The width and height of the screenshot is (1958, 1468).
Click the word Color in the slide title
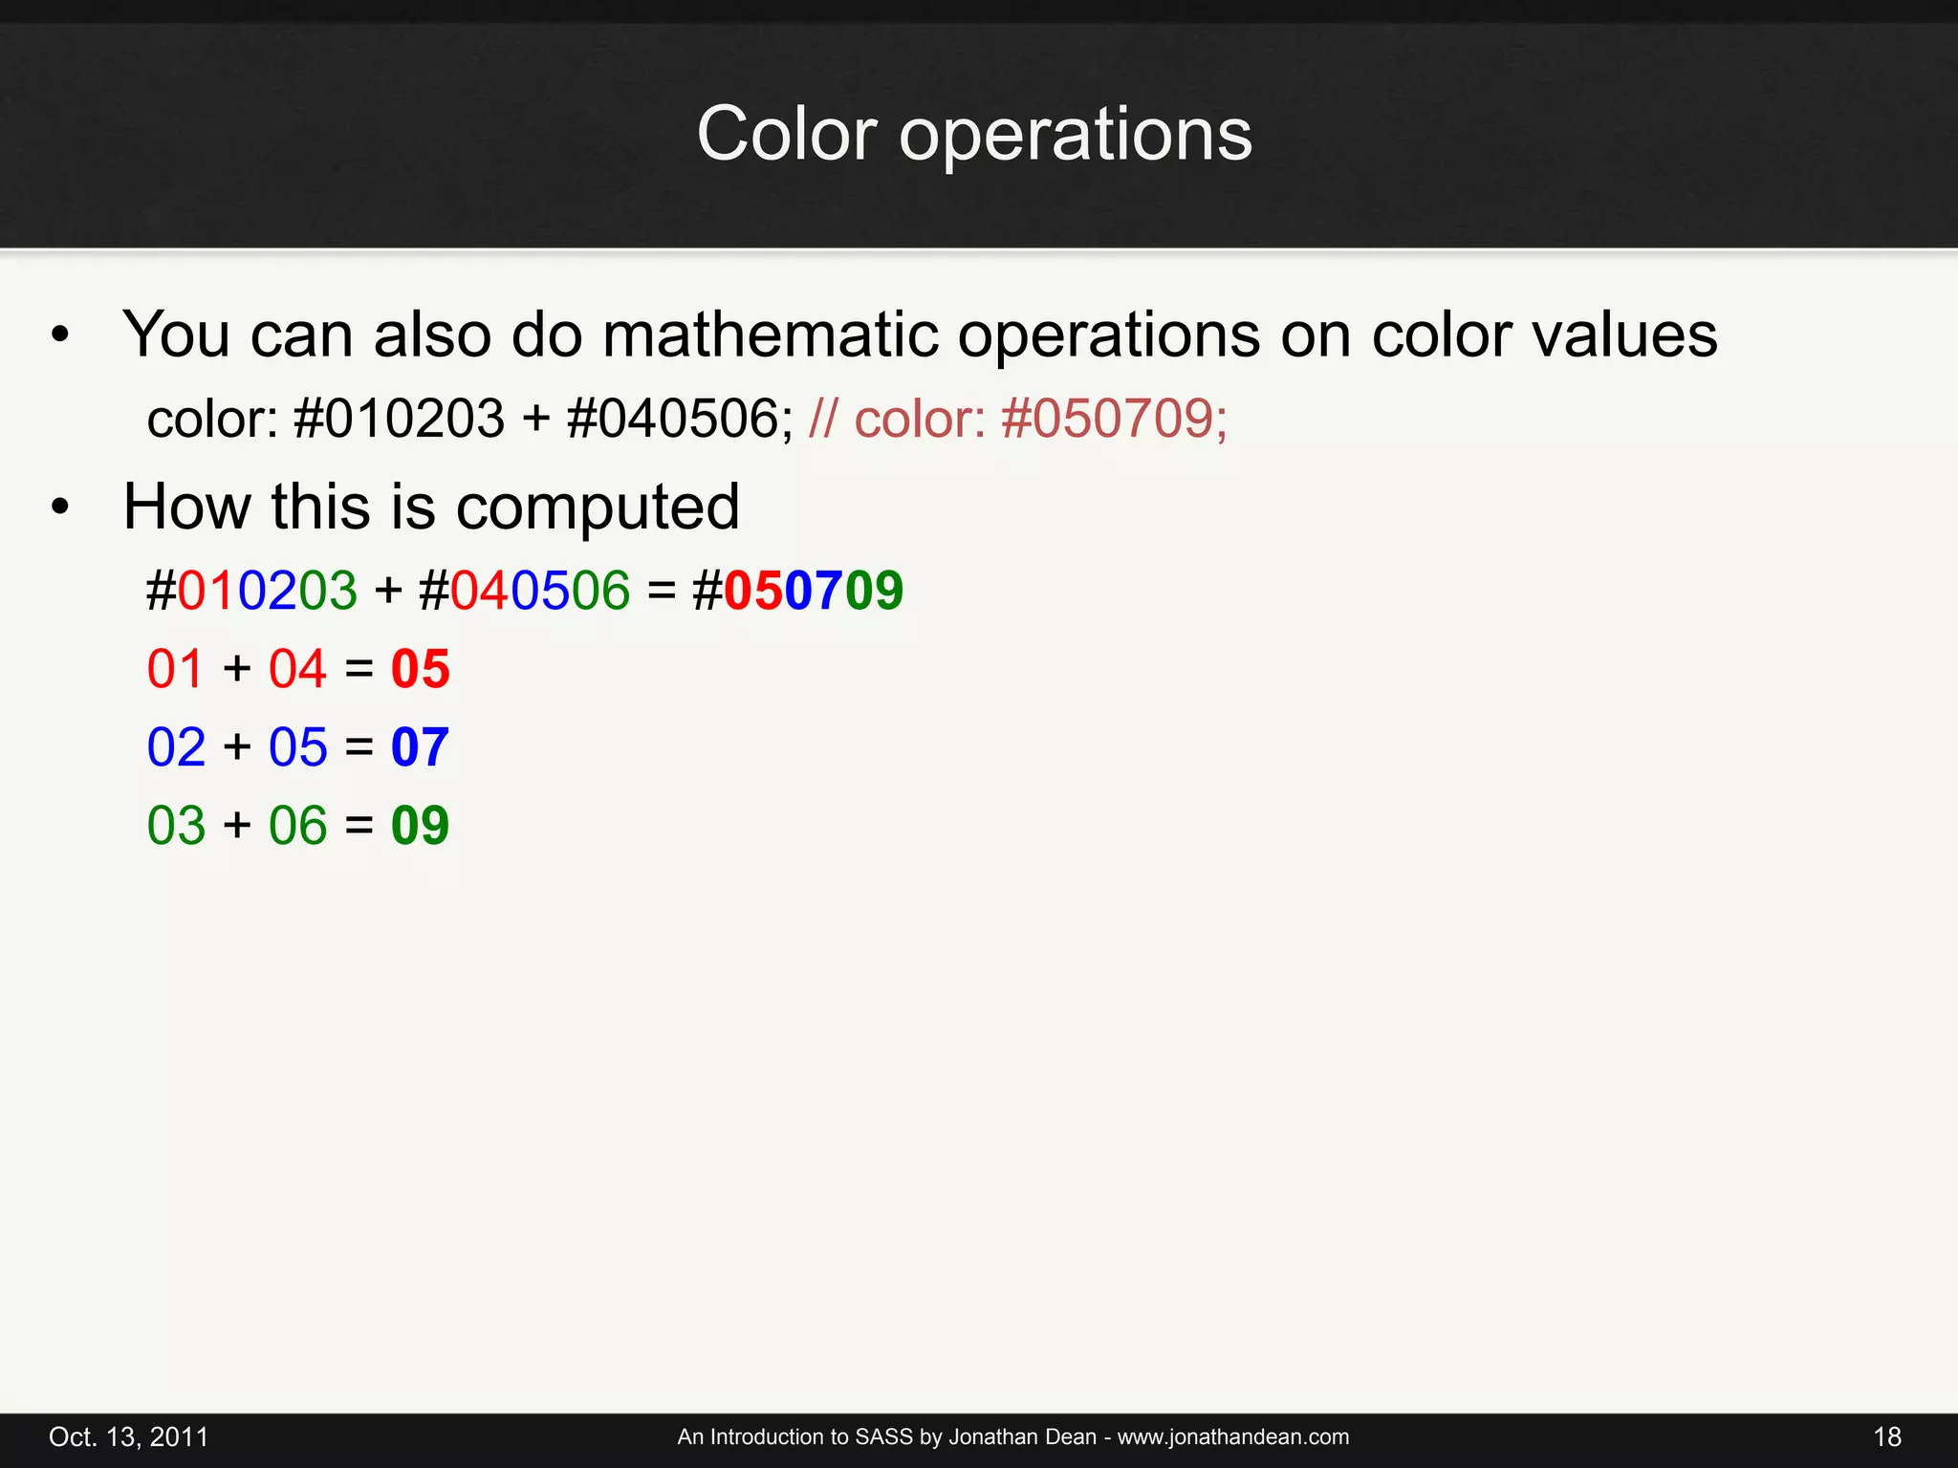pyautogui.click(x=786, y=134)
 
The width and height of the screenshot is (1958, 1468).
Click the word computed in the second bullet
pyautogui.click(x=598, y=507)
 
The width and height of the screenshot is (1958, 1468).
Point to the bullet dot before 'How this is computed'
pyautogui.click(x=61, y=507)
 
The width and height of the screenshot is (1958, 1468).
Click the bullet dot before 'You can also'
pyautogui.click(x=61, y=335)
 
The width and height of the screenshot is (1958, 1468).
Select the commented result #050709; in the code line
pyautogui.click(x=1114, y=419)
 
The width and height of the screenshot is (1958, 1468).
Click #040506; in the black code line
pyautogui.click(x=680, y=419)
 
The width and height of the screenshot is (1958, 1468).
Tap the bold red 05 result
pyautogui.click(x=420, y=669)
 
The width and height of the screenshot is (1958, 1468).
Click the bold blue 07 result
pyautogui.click(x=420, y=747)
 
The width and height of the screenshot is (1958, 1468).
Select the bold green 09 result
pyautogui.click(x=420, y=826)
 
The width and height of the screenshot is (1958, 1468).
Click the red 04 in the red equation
pyautogui.click(x=297, y=669)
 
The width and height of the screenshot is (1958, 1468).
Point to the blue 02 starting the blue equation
pyautogui.click(x=176, y=747)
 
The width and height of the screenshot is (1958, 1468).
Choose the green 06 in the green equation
pyautogui.click(x=297, y=826)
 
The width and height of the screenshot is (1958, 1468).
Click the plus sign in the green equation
pyautogui.click(x=237, y=826)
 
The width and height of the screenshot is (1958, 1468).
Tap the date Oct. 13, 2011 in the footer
pyautogui.click(x=128, y=1436)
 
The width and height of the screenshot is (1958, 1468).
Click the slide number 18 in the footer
pyautogui.click(x=1887, y=1436)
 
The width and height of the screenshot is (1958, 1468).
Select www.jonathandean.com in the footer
pyautogui.click(x=1233, y=1436)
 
